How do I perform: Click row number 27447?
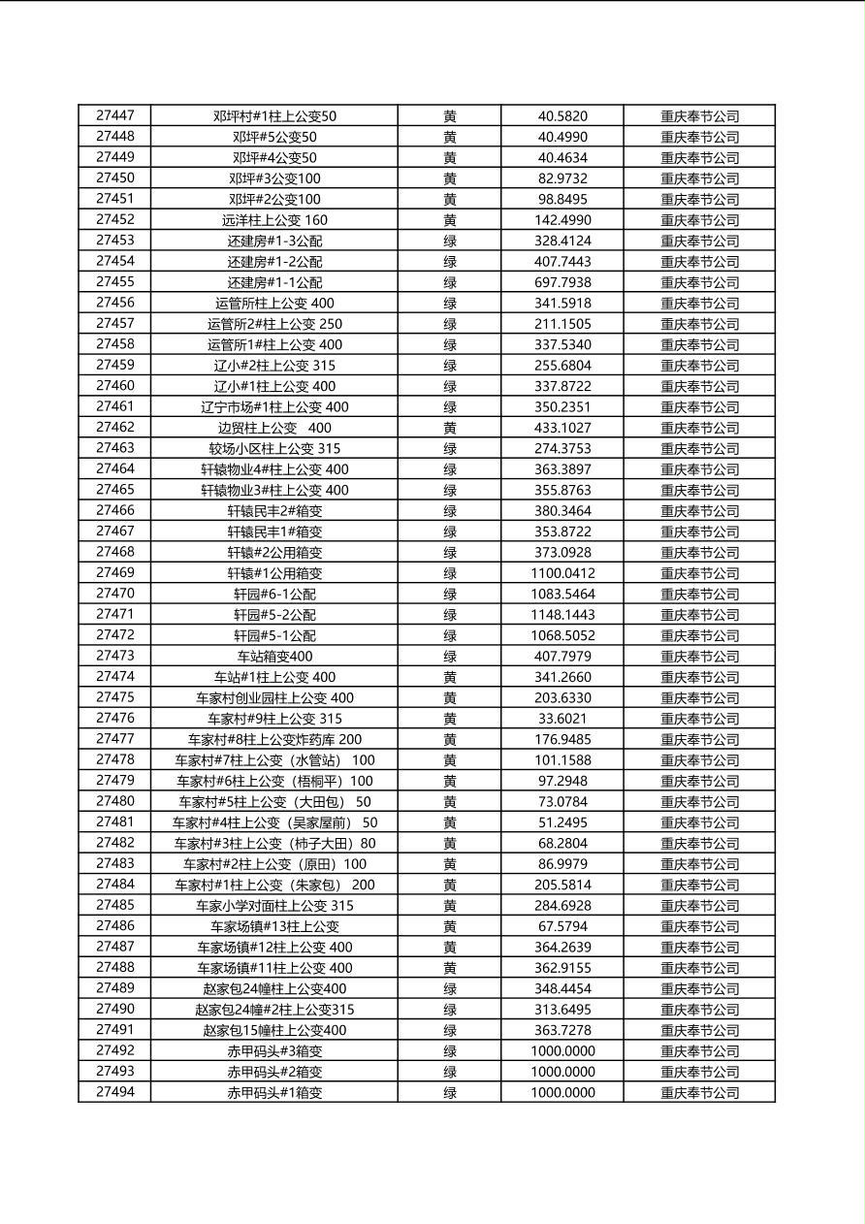[114, 115]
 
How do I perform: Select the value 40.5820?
[562, 116]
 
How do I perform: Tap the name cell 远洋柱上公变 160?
[274, 220]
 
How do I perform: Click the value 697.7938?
[562, 282]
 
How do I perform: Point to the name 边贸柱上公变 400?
[274, 428]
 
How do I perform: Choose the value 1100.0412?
[562, 573]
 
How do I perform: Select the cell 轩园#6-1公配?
[274, 594]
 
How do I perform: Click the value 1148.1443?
[562, 615]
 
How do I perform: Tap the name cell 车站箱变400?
[274, 657]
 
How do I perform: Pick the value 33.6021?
[562, 719]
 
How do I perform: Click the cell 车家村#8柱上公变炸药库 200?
[274, 739]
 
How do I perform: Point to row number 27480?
[114, 801]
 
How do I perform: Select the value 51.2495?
[562, 822]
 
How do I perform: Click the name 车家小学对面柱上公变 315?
[274, 906]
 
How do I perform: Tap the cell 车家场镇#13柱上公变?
[274, 926]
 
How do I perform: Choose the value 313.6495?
[562, 1010]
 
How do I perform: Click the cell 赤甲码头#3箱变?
[274, 1051]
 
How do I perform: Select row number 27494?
[114, 1092]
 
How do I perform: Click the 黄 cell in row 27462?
[450, 428]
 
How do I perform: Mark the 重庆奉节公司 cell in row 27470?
[699, 594]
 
